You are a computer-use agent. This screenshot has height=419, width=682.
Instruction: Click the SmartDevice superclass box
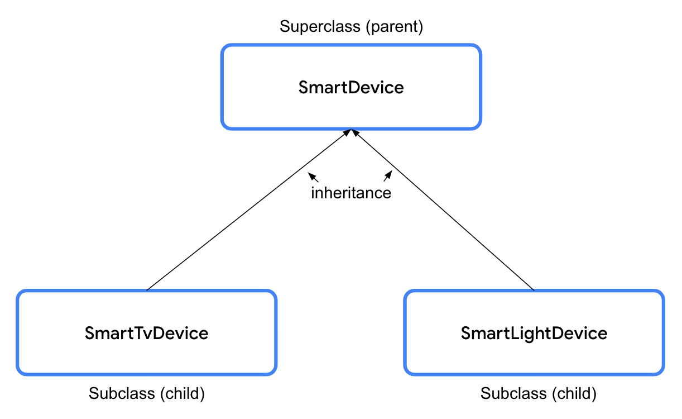350,88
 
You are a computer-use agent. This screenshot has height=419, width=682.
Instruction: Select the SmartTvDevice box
146,333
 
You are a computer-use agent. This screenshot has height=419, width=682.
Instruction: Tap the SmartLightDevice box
534,333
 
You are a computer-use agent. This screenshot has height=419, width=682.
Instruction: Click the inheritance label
350,193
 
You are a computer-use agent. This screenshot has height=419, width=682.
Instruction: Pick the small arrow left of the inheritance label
313,178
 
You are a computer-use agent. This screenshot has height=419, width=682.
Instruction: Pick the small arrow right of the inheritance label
387,177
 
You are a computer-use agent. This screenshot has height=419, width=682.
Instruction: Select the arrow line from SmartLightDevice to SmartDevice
444,211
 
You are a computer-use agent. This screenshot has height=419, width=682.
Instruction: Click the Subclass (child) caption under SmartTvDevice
146,393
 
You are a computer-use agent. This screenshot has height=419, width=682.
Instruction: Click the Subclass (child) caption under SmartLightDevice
538,393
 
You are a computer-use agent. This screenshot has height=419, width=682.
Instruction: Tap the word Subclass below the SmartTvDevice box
122,393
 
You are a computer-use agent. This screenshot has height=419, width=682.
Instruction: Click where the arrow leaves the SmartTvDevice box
147,290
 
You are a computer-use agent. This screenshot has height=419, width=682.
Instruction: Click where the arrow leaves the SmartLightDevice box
534,290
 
